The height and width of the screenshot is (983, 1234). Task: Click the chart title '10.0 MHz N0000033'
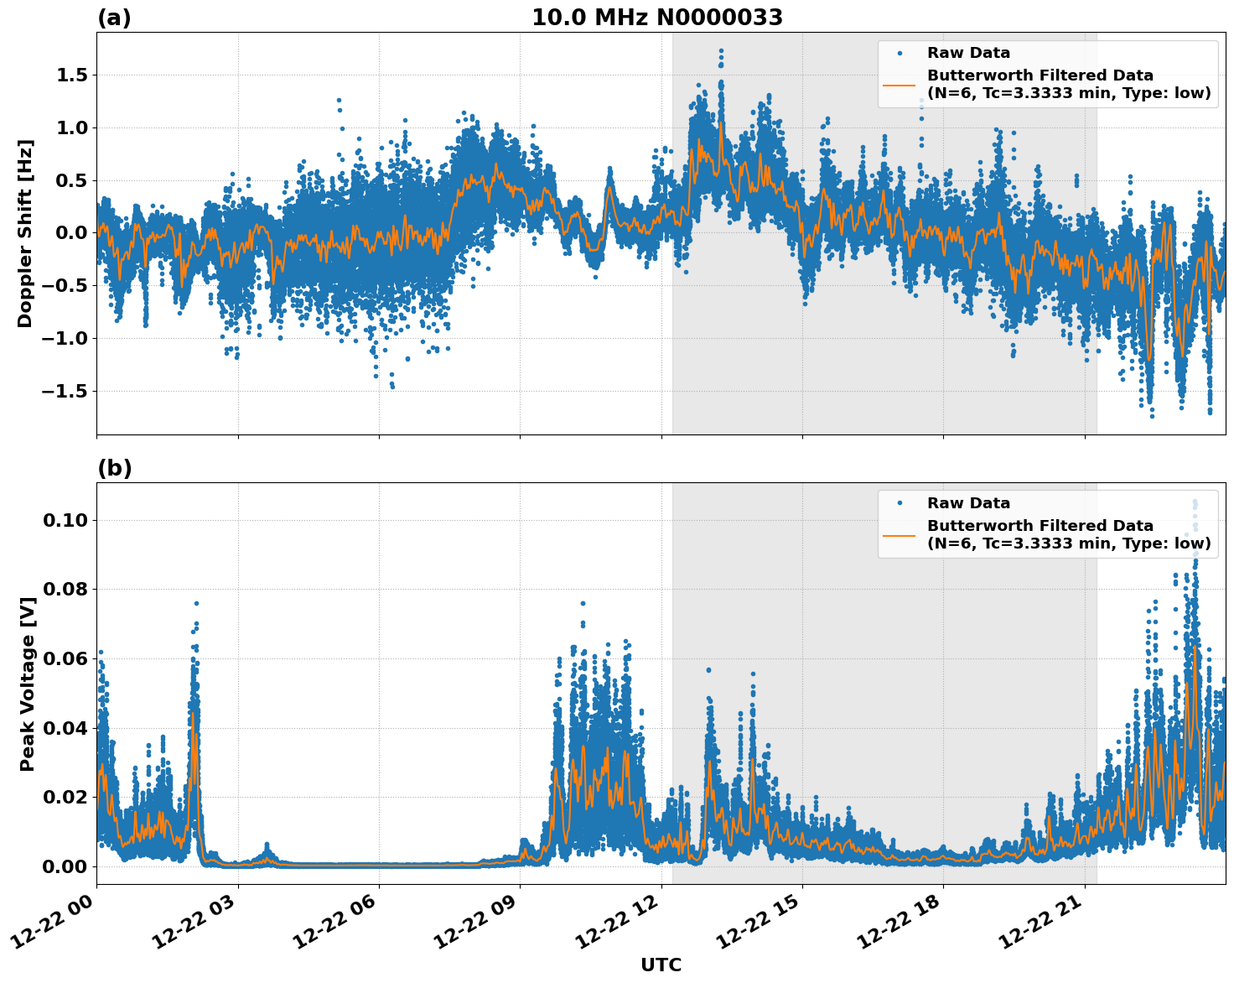click(657, 18)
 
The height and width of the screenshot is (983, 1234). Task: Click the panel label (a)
click(114, 18)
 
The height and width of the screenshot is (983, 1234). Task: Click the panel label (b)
click(114, 468)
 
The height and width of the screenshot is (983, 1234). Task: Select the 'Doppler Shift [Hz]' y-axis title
click(25, 233)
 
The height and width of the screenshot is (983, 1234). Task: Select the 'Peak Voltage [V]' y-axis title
click(28, 684)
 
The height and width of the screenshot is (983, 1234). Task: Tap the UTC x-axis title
click(661, 965)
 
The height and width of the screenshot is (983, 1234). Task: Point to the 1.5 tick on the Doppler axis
click(70, 75)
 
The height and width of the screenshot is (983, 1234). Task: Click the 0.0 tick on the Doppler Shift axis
click(70, 233)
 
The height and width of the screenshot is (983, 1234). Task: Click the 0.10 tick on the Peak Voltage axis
click(65, 520)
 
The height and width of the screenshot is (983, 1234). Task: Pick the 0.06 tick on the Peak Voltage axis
click(65, 658)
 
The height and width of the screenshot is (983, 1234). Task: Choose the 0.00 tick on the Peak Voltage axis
click(65, 866)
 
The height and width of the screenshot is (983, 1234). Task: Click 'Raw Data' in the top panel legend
click(968, 53)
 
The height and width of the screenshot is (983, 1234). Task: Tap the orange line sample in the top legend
click(900, 84)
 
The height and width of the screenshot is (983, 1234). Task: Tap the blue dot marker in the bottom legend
click(900, 503)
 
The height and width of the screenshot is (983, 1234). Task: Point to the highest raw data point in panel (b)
click(1195, 502)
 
